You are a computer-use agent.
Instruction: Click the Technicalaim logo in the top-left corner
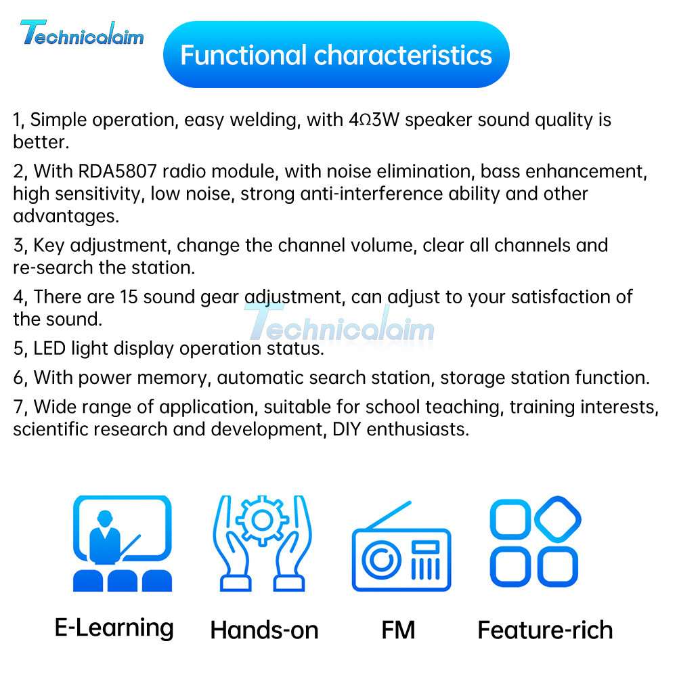point(82,32)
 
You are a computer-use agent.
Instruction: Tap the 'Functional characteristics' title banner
point(336,54)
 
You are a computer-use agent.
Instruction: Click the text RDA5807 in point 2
point(117,171)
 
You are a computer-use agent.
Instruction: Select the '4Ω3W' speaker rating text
point(374,120)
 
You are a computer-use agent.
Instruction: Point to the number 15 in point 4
point(129,297)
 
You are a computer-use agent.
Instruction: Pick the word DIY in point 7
point(346,429)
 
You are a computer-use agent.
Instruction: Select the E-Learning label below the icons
point(114,628)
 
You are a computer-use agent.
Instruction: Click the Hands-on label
point(264,630)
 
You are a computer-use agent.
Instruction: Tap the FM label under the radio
point(398,630)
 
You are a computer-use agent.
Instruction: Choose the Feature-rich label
point(545,630)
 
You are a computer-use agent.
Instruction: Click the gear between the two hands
point(262,520)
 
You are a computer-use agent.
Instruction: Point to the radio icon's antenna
point(388,515)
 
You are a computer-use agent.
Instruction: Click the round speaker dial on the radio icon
point(381,560)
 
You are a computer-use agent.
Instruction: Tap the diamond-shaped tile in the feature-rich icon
point(557,519)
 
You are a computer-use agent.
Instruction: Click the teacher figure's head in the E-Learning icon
point(105,518)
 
